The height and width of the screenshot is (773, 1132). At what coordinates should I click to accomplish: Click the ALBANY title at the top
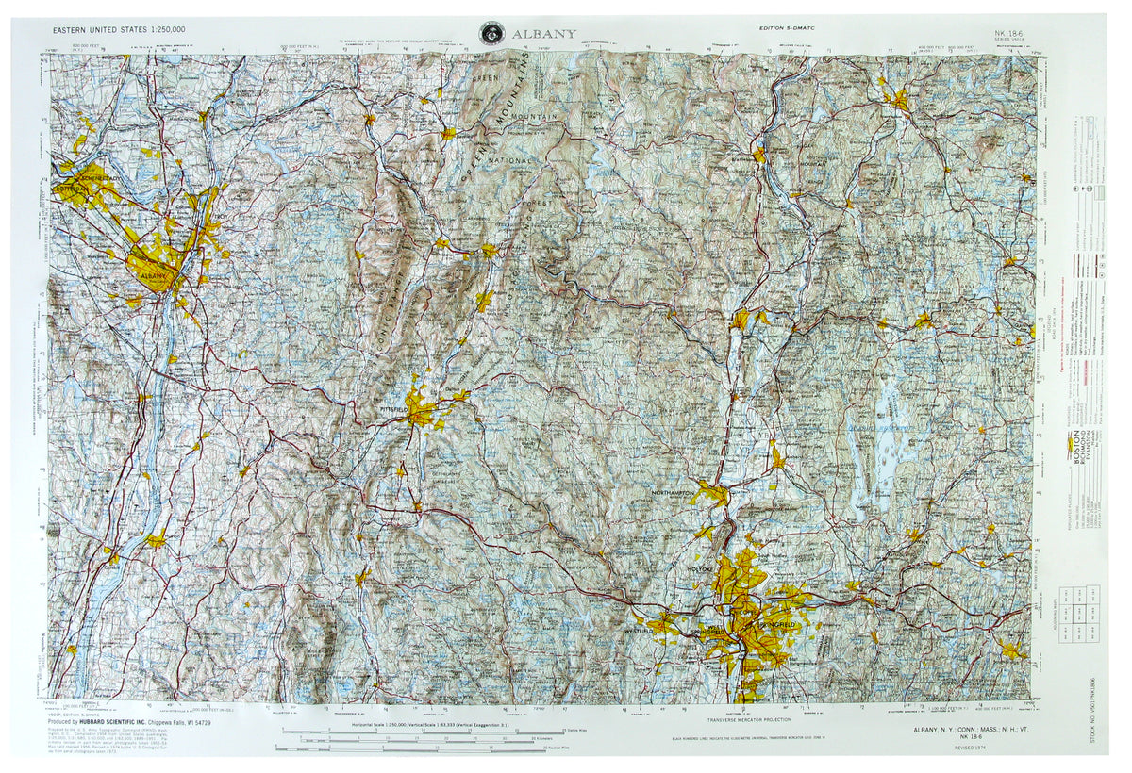(546, 34)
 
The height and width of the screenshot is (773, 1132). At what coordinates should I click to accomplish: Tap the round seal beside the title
(491, 32)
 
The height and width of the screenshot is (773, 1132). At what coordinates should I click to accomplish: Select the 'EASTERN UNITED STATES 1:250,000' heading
(120, 30)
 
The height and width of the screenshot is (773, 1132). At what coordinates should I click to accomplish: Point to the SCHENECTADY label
(87, 178)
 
